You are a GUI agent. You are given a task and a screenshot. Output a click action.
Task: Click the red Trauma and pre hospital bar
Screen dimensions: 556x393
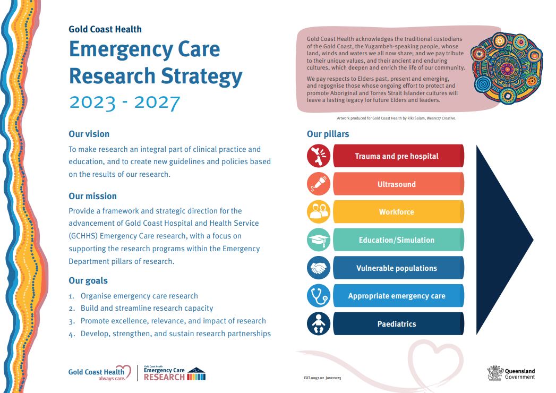pos(398,156)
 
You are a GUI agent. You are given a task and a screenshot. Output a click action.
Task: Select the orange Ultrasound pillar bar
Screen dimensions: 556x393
pos(398,184)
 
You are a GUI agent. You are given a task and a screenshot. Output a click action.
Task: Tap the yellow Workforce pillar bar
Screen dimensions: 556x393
pos(398,212)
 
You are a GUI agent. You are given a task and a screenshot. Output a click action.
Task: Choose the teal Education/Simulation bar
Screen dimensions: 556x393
pos(398,240)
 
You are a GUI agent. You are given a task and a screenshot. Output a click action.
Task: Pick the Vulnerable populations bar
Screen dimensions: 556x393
pos(398,268)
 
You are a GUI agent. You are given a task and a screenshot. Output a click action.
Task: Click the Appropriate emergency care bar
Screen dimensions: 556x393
pos(398,295)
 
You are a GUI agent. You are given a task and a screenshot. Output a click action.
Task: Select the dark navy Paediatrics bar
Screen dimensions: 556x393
pos(398,323)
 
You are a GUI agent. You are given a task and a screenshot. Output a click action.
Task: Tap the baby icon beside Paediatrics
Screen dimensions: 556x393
pos(319,323)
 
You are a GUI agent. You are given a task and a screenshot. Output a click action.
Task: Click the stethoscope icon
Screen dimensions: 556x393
pos(319,295)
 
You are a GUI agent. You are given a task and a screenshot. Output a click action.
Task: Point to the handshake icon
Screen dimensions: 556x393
pos(319,268)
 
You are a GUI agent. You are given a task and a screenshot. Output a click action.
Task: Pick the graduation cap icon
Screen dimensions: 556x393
pos(319,240)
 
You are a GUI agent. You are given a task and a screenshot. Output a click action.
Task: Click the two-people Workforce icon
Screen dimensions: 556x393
pos(319,212)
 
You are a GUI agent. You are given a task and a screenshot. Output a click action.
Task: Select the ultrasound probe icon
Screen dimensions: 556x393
pos(319,184)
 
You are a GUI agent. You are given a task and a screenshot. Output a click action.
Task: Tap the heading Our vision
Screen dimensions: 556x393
pos(89,134)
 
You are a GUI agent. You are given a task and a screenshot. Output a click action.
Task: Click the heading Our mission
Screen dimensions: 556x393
pos(92,196)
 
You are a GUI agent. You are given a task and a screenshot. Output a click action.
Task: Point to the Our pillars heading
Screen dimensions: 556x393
pos(328,134)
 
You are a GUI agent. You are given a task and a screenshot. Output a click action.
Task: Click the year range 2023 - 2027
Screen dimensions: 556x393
pos(124,102)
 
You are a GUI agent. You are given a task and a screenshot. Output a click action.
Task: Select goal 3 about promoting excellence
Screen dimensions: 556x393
pos(167,321)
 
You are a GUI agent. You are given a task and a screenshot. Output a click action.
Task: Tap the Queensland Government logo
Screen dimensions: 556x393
pos(511,373)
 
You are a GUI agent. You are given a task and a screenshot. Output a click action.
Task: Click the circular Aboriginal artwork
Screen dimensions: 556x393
pos(507,68)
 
